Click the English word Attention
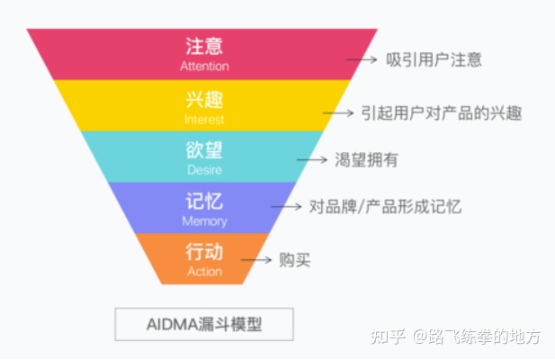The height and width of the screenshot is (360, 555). (x=204, y=67)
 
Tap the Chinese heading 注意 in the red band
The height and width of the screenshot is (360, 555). (x=204, y=46)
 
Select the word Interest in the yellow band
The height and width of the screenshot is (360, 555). (x=204, y=120)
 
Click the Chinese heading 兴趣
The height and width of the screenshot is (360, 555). (x=204, y=99)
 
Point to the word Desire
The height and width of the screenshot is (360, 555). (x=204, y=170)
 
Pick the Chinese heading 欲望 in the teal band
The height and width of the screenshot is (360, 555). (x=204, y=149)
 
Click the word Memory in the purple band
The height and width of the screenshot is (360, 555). (x=204, y=221)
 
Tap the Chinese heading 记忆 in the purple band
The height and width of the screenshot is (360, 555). (x=204, y=201)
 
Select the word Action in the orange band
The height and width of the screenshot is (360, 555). (x=204, y=272)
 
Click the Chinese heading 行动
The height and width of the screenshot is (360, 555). (x=204, y=252)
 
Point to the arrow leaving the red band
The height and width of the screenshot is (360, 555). (x=362, y=59)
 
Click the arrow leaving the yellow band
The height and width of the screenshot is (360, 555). (x=338, y=112)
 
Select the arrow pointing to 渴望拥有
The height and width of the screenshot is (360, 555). (x=311, y=159)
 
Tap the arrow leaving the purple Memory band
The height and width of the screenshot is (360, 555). (x=286, y=206)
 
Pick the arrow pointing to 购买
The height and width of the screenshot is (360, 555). (x=255, y=260)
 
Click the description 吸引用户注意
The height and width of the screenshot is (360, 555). (x=434, y=59)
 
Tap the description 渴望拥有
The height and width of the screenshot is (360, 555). (x=366, y=159)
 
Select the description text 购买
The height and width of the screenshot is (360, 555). (x=294, y=260)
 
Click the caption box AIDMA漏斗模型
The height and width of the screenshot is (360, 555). (x=204, y=324)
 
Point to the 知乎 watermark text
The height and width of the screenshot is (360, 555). (x=388, y=336)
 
